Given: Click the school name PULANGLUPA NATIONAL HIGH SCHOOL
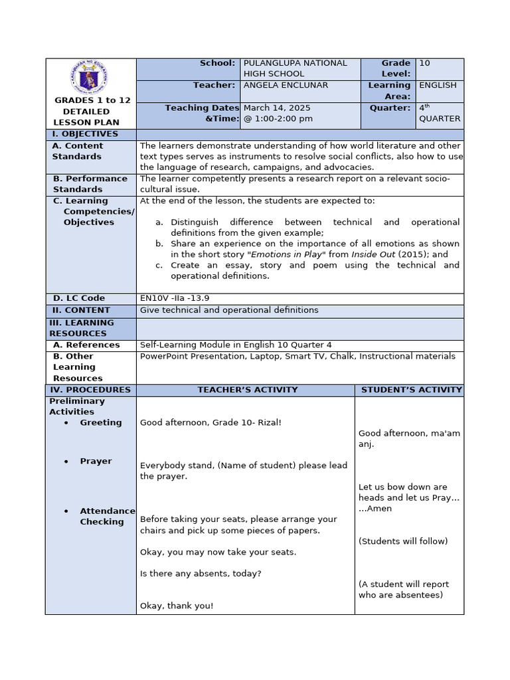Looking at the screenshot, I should click(295, 68).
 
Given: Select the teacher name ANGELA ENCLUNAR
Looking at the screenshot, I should click(286, 86).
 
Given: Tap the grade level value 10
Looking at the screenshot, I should click(424, 63).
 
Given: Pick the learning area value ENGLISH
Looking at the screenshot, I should click(438, 86).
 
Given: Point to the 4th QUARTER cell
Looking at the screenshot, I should click(439, 113).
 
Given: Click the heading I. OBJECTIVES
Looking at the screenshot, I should click(85, 134).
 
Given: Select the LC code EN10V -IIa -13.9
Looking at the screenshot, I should click(175, 299).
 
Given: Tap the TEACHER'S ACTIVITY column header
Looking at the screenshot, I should click(247, 390).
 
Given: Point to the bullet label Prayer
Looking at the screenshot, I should click(96, 462).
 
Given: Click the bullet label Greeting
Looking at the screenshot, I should click(101, 423).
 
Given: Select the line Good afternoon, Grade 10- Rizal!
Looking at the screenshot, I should click(211, 423).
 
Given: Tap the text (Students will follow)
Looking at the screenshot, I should click(403, 541).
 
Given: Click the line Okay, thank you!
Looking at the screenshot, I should click(177, 606).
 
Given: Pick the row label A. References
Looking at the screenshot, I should click(86, 345).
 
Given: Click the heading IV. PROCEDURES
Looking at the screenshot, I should click(90, 390).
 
